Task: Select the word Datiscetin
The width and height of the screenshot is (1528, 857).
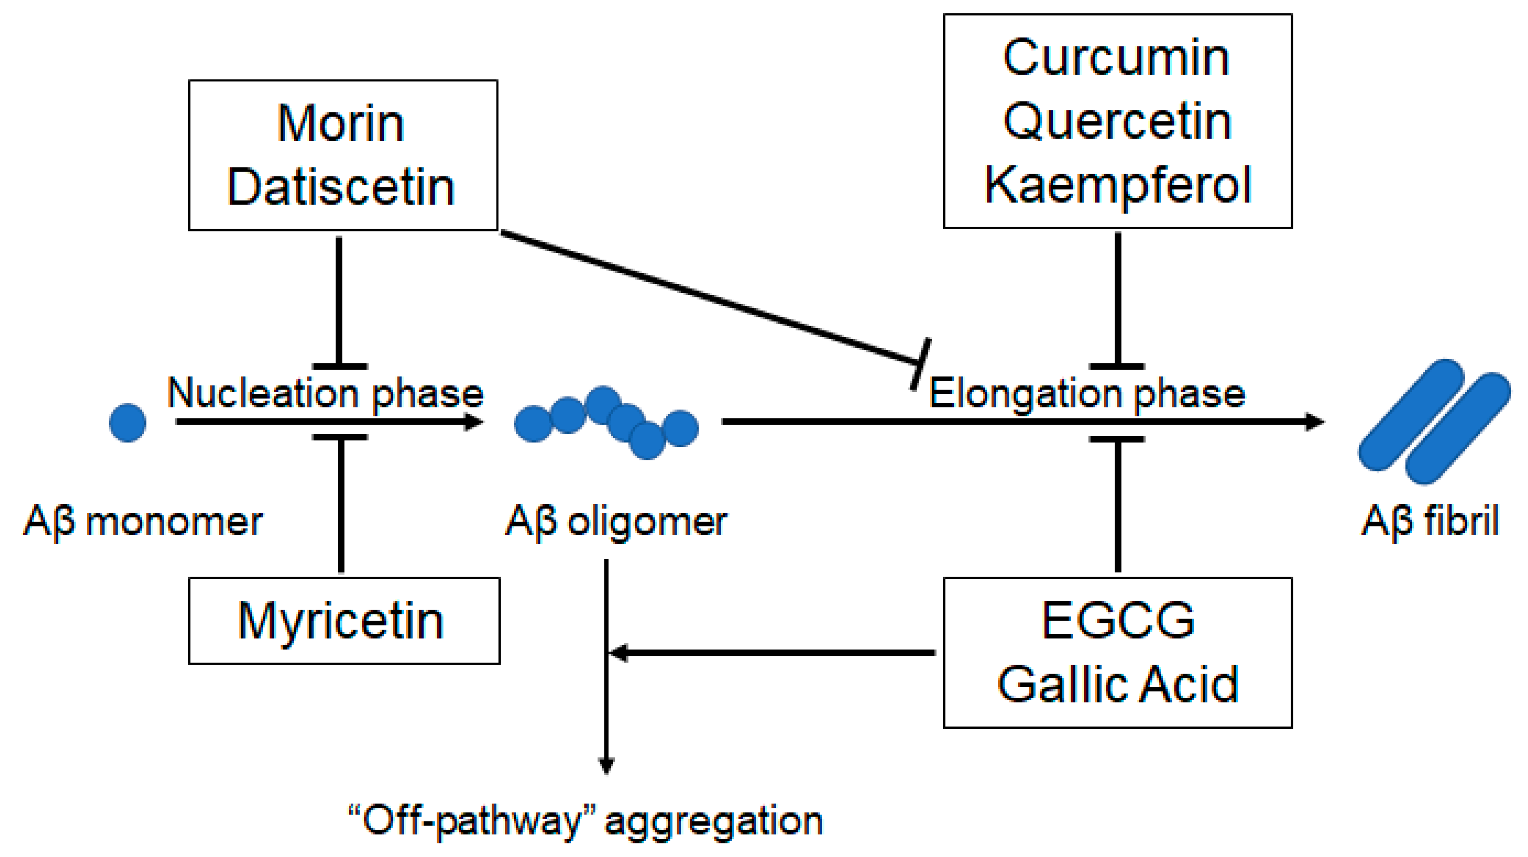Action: pyautogui.click(x=341, y=187)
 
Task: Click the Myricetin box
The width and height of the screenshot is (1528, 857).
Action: pyautogui.click(x=344, y=621)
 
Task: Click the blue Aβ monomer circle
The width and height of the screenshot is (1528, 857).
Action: pyautogui.click(x=127, y=423)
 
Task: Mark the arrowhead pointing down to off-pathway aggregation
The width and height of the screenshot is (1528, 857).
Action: pyautogui.click(x=606, y=766)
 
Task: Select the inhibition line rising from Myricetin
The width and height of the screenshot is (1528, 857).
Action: pyautogui.click(x=341, y=504)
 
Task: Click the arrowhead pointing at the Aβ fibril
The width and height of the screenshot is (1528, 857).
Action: pyautogui.click(x=1315, y=421)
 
